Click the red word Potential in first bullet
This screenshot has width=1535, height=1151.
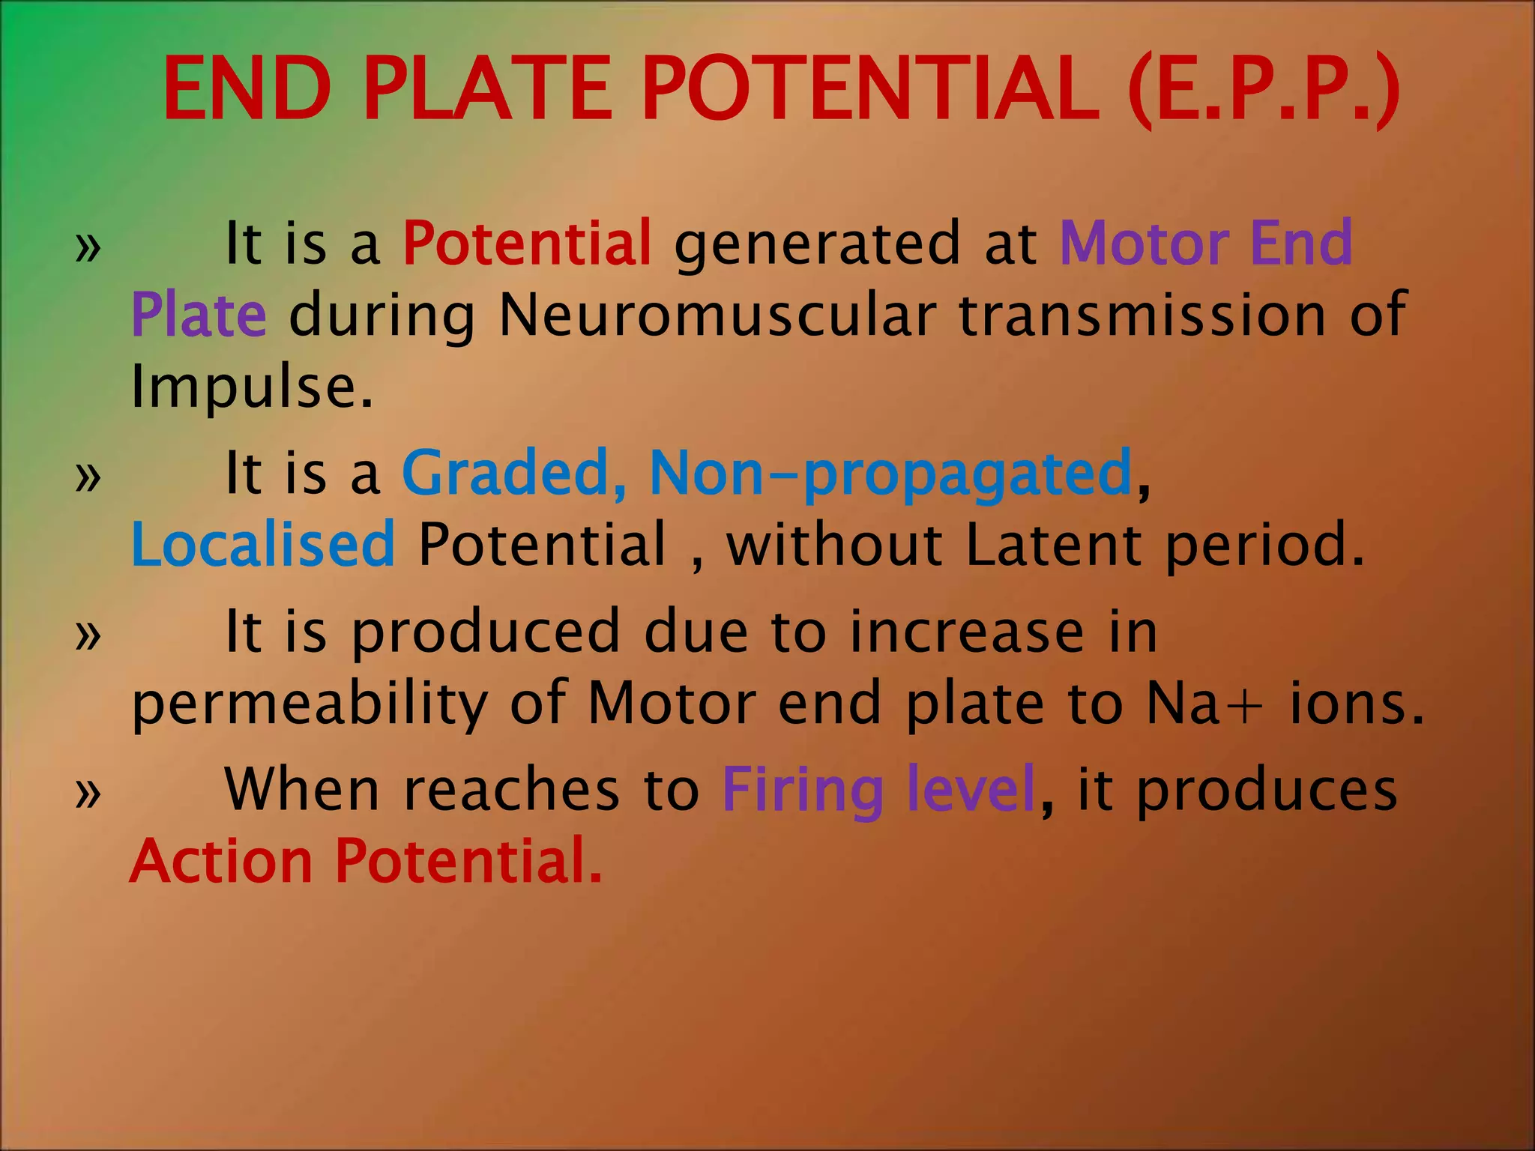coord(528,243)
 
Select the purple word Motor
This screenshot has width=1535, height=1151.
coord(1144,243)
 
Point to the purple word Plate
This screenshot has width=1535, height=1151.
coord(199,315)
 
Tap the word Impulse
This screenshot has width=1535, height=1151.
coord(251,387)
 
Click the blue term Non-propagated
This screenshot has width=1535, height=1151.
coord(890,474)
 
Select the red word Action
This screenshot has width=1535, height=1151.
coord(221,861)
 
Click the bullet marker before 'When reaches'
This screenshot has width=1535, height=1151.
coord(88,793)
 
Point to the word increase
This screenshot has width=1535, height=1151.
coord(966,632)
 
